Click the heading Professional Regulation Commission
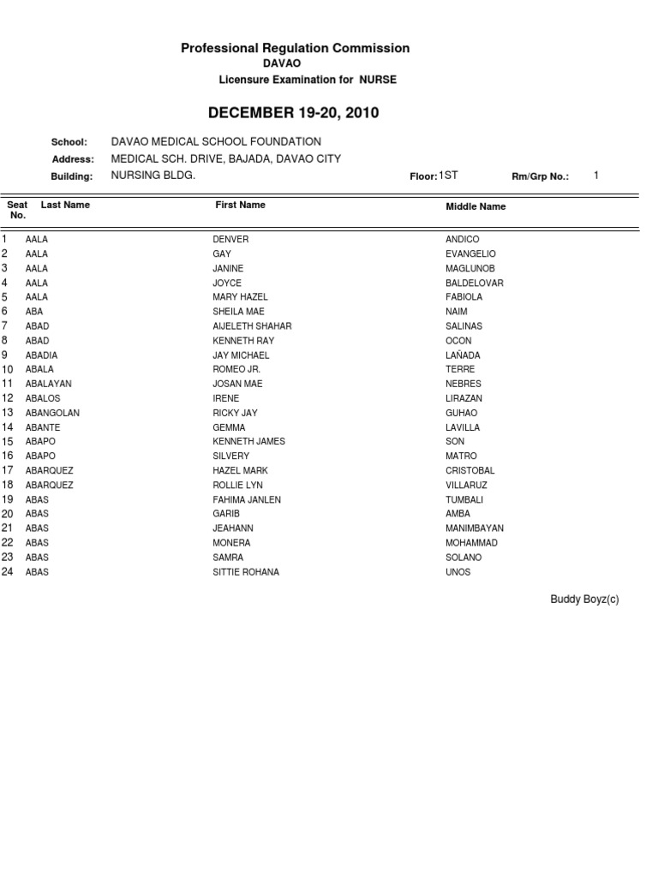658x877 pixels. pyautogui.click(x=295, y=49)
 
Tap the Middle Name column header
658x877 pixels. pyautogui.click(x=476, y=206)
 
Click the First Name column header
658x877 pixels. pyautogui.click(x=240, y=205)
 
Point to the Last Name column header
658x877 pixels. pyautogui.click(x=65, y=205)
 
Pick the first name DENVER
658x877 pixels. pyautogui.click(x=230, y=240)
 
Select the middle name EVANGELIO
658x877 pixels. pyautogui.click(x=470, y=254)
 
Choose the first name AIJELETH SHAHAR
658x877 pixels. pyautogui.click(x=252, y=326)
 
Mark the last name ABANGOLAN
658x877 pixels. pyautogui.click(x=52, y=413)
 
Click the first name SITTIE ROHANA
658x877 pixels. pyautogui.click(x=246, y=572)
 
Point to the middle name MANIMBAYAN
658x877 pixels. pyautogui.click(x=475, y=528)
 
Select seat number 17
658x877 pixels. pyautogui.click(x=8, y=470)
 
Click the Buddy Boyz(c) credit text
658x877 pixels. pyautogui.click(x=584, y=600)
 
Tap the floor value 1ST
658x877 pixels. pyautogui.click(x=448, y=176)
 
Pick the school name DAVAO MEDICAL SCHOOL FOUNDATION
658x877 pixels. pyautogui.click(x=216, y=141)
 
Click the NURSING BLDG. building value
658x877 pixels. pyautogui.click(x=153, y=176)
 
